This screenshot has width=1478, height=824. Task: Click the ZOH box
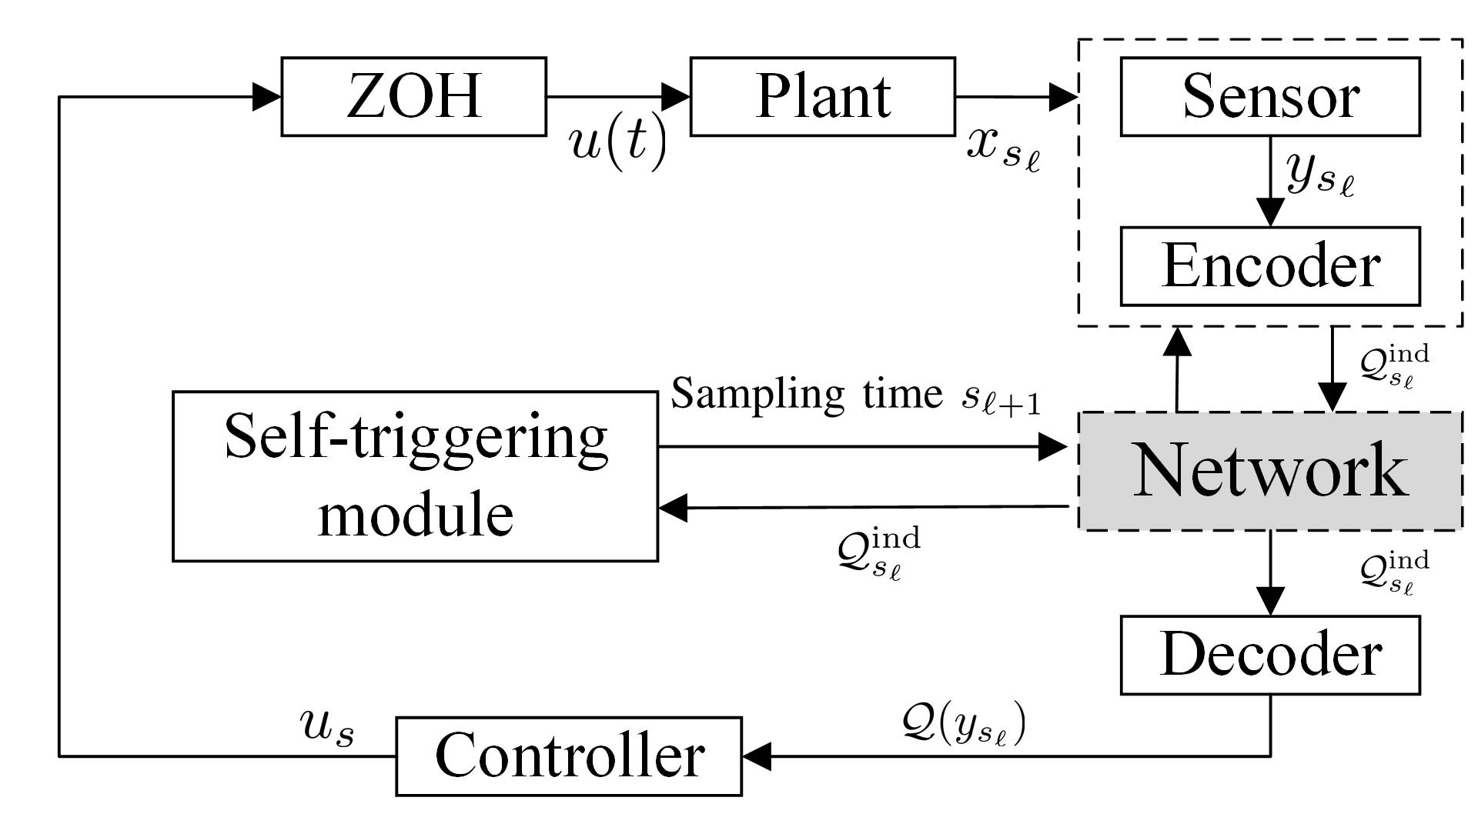[414, 96]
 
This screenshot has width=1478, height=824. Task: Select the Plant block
[823, 96]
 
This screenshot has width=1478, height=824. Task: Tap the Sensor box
[1270, 96]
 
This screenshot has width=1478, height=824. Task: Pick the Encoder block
[1270, 266]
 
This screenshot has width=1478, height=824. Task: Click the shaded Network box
[1270, 471]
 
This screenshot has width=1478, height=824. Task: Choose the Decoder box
[1270, 655]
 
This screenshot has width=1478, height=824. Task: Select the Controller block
[569, 756]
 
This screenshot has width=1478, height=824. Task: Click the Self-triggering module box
[415, 476]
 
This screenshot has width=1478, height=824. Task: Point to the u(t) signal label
[617, 144]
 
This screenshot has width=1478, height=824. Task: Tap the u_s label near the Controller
[328, 728]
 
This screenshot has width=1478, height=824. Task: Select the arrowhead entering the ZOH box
[267, 97]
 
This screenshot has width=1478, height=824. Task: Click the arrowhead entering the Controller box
[757, 756]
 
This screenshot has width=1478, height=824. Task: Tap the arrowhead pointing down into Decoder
[1270, 601]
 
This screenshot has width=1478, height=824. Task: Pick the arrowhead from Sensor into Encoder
[1270, 212]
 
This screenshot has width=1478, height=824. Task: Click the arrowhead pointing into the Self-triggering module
[673, 508]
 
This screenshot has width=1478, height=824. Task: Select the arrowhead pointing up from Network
[1177, 342]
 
